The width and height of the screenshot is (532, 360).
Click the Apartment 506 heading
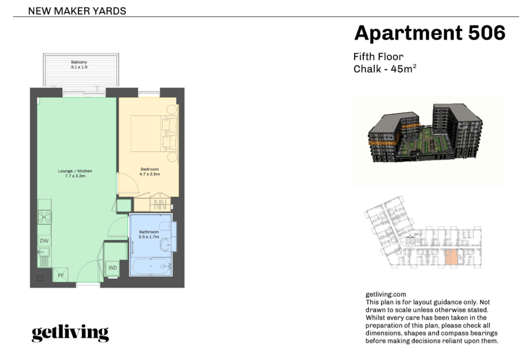(429, 33)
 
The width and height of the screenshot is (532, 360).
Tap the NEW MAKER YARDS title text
(77, 11)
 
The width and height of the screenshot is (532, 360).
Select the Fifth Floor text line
(378, 56)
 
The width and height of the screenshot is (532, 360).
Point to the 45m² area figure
(403, 69)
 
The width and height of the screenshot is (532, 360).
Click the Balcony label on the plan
(79, 64)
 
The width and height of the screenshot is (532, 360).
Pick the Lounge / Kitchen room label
(75, 173)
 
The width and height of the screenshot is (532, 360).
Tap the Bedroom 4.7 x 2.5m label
(149, 172)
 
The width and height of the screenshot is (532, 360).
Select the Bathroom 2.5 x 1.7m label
(148, 234)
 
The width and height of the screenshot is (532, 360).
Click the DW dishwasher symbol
(45, 241)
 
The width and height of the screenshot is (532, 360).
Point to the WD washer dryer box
(112, 268)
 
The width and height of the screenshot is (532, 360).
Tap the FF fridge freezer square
(61, 275)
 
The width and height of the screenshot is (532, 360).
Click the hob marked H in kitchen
(45, 217)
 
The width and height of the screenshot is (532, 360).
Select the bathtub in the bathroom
(151, 266)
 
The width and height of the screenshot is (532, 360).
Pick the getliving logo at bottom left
(70, 333)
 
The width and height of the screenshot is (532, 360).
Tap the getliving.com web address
(386, 294)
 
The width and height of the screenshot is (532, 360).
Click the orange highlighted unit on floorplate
(451, 257)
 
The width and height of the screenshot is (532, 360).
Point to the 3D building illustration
(425, 133)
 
